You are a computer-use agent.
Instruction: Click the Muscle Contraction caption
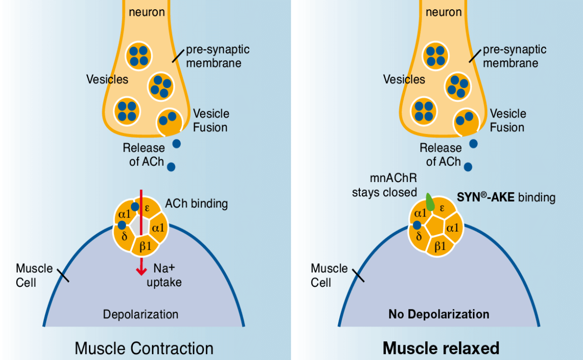tap(144, 348)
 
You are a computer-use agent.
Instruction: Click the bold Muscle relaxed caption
tap(441, 348)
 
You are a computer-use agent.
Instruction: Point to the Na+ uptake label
tap(164, 275)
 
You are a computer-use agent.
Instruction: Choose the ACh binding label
tap(197, 203)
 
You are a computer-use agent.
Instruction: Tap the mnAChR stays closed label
tap(384, 185)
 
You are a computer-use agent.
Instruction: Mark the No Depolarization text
tap(438, 314)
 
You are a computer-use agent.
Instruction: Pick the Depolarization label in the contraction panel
tap(141, 314)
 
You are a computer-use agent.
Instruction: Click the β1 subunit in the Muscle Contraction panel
tap(145, 245)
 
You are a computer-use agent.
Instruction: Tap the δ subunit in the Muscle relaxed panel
tap(419, 237)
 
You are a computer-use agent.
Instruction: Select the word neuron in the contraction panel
tap(146, 11)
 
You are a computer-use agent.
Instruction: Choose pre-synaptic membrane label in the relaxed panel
tap(514, 56)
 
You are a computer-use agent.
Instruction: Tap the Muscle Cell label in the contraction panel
tap(34, 275)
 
